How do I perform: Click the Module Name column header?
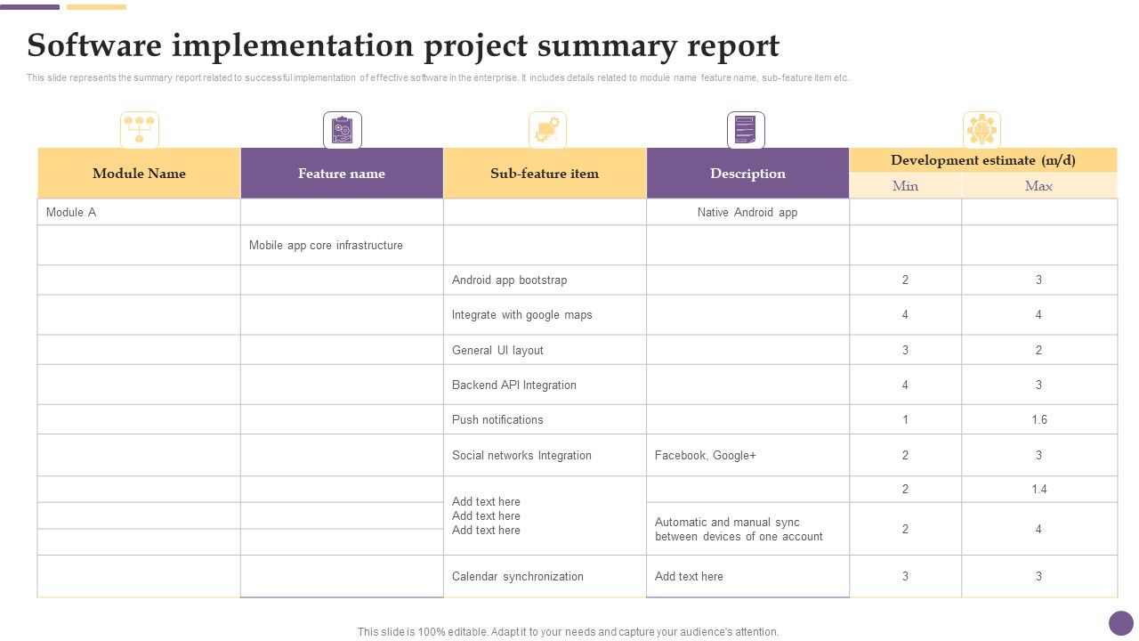pos(139,174)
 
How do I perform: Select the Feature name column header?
pos(342,174)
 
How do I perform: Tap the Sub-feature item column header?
pos(545,174)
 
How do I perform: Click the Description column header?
pos(747,174)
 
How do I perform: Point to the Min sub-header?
pos(905,186)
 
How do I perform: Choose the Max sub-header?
pos(1038,186)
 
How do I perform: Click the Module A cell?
pos(71,213)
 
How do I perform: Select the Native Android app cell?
pos(747,213)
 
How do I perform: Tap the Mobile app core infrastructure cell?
pos(326,246)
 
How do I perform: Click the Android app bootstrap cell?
pos(509,280)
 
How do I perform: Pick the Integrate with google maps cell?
pos(521,315)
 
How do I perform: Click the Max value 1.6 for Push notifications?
pos(1039,420)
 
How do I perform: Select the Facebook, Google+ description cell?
pos(706,456)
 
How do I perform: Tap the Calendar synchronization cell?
pos(518,577)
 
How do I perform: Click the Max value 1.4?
pos(1039,490)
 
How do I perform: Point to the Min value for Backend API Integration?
pos(905,385)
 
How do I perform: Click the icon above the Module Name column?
pos(140,130)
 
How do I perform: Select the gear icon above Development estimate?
pos(981,130)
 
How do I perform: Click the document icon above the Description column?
pos(746,130)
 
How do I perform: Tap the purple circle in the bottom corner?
pos(1121,623)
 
